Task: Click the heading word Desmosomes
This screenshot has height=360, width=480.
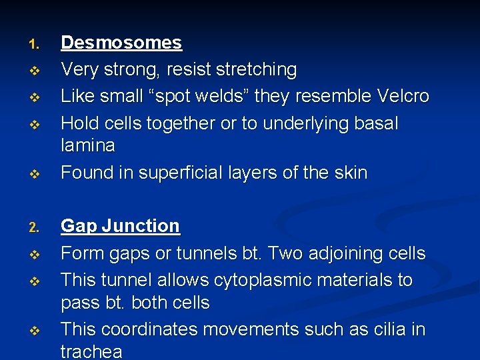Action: click(x=121, y=43)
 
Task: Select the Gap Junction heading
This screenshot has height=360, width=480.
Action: click(x=120, y=227)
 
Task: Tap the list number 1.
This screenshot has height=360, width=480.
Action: click(x=35, y=45)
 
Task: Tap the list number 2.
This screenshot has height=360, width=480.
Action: click(x=35, y=229)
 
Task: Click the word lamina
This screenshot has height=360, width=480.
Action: click(x=88, y=145)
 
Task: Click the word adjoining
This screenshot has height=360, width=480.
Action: click(x=331, y=254)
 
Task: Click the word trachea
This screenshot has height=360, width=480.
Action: click(x=92, y=351)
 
